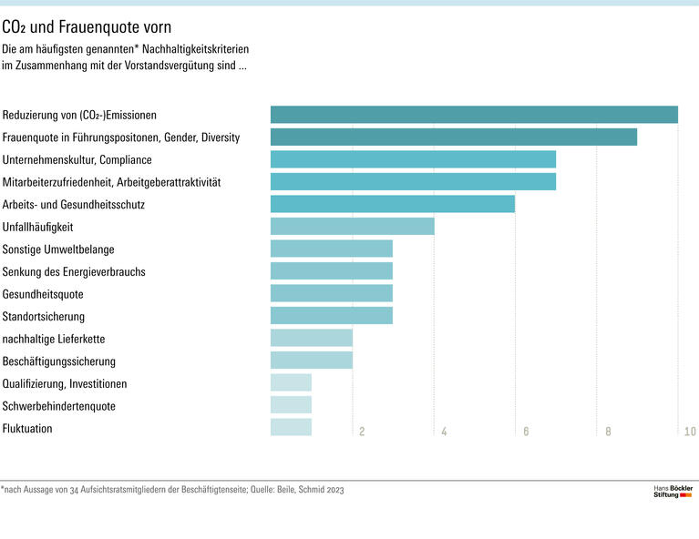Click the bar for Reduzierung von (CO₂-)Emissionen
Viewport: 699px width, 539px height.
click(474, 115)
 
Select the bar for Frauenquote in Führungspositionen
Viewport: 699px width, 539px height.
click(453, 137)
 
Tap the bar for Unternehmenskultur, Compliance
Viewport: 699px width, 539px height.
click(413, 159)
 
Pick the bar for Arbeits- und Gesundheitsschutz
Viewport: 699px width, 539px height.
click(392, 204)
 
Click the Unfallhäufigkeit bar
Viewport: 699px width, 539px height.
click(352, 227)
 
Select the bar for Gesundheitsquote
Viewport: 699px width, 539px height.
click(331, 293)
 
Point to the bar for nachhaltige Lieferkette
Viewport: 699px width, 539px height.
click(311, 338)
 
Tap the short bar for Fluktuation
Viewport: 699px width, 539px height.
click(291, 427)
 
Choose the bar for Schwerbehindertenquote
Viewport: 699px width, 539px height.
click(291, 405)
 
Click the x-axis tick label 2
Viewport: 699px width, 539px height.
click(362, 432)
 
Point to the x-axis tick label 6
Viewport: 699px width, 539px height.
click(526, 432)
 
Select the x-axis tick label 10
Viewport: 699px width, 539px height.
click(690, 432)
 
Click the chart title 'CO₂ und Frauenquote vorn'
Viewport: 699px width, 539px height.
click(87, 28)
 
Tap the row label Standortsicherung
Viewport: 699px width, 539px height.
click(44, 316)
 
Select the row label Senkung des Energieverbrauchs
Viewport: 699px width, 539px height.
click(74, 271)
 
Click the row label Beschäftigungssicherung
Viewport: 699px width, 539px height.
click(59, 361)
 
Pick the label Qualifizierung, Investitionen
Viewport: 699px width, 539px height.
click(65, 383)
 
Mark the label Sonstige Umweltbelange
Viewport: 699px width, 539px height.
click(58, 249)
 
